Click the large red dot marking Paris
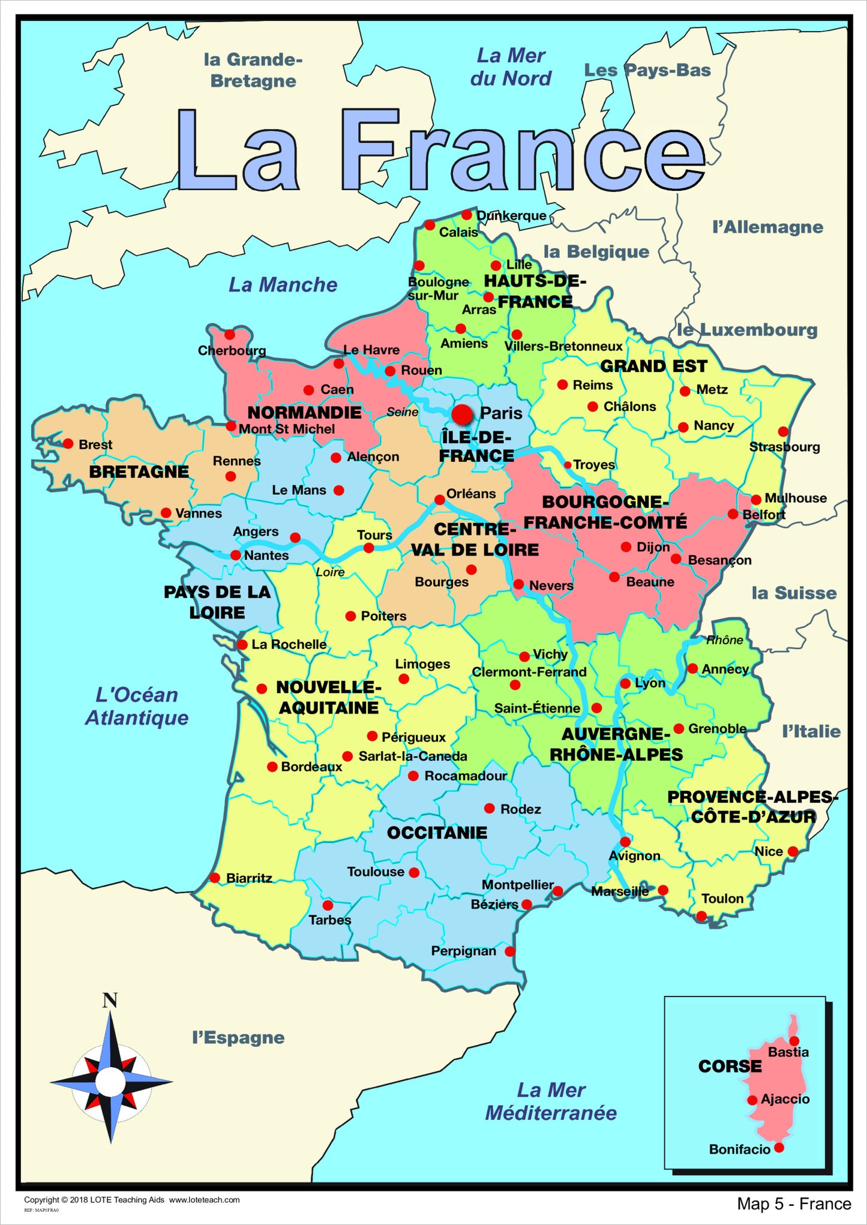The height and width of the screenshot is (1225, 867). pyautogui.click(x=462, y=414)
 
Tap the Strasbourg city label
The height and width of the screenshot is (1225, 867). pyautogui.click(x=784, y=447)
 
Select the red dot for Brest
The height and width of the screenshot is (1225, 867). pyautogui.click(x=68, y=444)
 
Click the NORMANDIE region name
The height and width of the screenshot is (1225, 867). pyautogui.click(x=304, y=413)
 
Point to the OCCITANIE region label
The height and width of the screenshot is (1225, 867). pyautogui.click(x=437, y=833)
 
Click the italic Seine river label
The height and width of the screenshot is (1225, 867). pyautogui.click(x=402, y=412)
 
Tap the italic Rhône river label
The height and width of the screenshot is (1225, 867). pyautogui.click(x=725, y=640)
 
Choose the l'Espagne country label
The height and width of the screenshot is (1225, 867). pyautogui.click(x=238, y=1038)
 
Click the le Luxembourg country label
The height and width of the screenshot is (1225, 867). pyautogui.click(x=747, y=330)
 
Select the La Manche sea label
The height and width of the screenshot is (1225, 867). pyautogui.click(x=283, y=285)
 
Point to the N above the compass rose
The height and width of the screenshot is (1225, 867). pyautogui.click(x=110, y=1001)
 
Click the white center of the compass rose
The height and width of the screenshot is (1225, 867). pyautogui.click(x=110, y=1081)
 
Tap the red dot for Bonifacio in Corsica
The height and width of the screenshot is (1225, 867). pyautogui.click(x=779, y=1148)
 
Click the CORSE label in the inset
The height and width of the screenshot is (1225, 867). pyautogui.click(x=730, y=1066)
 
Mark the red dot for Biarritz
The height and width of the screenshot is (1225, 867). pyautogui.click(x=215, y=878)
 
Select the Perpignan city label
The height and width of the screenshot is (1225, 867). pyautogui.click(x=463, y=951)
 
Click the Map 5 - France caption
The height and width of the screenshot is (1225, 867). pyautogui.click(x=794, y=1203)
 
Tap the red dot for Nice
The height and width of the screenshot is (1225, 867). pyautogui.click(x=793, y=851)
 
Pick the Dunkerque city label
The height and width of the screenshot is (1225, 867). pyautogui.click(x=511, y=215)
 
